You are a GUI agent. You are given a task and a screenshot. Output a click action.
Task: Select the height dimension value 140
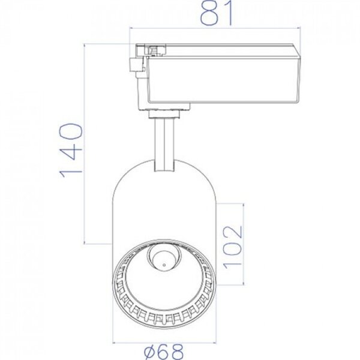pyautogui.click(x=70, y=150)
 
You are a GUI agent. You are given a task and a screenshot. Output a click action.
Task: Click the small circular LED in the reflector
pyautogui.click(x=160, y=259)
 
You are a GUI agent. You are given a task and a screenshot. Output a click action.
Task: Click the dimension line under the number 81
pyautogui.click(x=216, y=28)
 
